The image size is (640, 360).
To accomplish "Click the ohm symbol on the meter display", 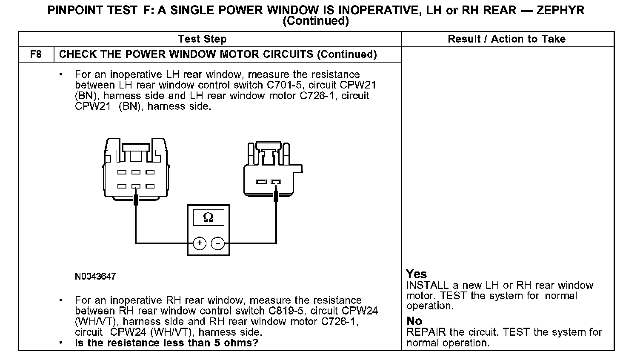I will point(208,217).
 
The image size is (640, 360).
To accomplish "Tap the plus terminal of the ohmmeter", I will point(199,243).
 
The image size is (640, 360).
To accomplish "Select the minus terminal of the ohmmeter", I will point(218,243).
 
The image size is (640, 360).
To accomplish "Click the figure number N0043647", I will point(95,277).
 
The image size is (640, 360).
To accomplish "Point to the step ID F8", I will point(36,54).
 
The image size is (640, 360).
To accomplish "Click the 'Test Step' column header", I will point(202,39).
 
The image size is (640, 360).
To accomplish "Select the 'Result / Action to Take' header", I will point(506,39).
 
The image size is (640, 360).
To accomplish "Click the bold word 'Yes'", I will point(416,274).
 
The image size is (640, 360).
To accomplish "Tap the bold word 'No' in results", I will point(414,321).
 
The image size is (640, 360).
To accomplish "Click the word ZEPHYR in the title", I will point(560,10).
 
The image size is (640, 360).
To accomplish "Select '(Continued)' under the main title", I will point(315,21).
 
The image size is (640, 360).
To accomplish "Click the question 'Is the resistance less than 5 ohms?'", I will point(166,343).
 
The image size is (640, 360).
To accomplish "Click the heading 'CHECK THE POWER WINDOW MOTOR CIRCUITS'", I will point(186,54).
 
